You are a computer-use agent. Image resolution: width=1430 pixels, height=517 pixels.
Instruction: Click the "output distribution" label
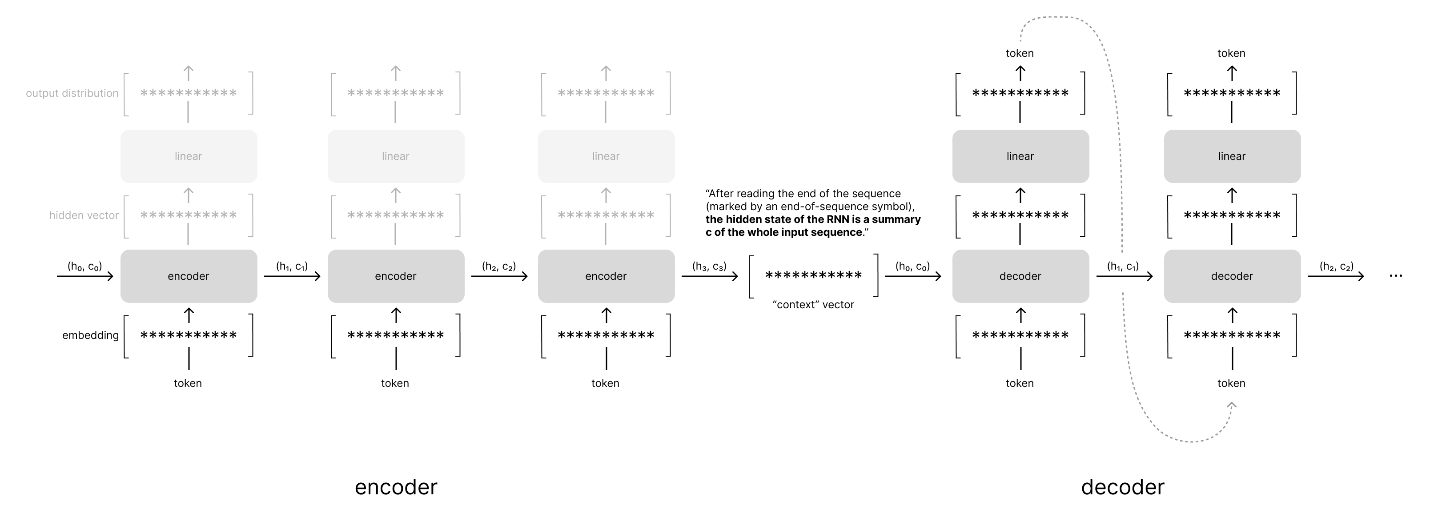click(72, 93)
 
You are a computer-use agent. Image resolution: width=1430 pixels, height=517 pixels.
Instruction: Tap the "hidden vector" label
click(84, 215)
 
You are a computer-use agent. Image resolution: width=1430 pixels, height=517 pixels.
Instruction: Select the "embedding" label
click(90, 335)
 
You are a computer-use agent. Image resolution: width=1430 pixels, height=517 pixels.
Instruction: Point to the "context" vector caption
click(813, 305)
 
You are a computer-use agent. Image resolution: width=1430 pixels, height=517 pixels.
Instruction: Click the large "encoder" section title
click(396, 487)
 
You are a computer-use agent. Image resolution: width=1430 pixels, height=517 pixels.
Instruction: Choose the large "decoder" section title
click(1122, 487)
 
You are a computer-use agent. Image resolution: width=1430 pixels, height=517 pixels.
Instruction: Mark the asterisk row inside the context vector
click(813, 276)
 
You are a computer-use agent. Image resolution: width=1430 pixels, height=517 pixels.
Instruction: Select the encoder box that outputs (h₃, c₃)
click(606, 276)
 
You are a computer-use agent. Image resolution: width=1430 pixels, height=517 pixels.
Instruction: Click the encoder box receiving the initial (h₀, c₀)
click(189, 276)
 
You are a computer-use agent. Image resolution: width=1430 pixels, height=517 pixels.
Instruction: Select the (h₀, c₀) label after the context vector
click(912, 267)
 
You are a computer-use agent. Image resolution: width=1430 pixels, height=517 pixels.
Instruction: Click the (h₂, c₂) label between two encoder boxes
click(499, 267)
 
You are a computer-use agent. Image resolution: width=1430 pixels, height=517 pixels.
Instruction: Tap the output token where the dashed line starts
click(1020, 53)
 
